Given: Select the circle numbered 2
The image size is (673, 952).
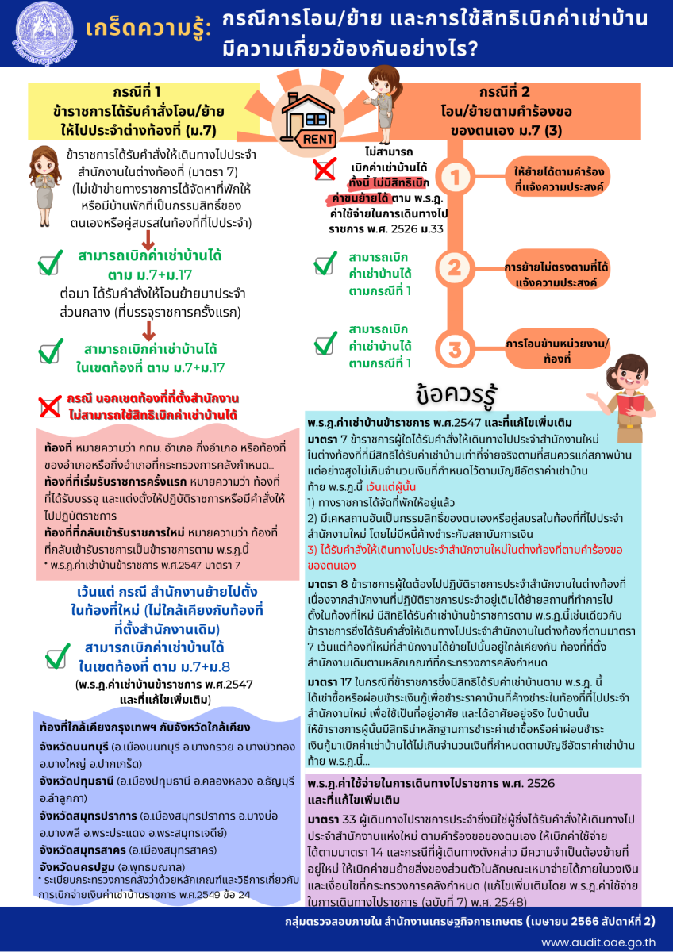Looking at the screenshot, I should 456,267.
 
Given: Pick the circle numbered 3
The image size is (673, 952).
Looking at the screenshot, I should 456,350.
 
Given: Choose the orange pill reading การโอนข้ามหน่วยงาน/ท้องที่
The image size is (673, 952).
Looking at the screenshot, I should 558,351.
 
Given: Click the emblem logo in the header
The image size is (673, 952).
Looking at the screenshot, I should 37,33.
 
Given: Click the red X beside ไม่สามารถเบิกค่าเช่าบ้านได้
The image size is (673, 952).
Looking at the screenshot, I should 324,169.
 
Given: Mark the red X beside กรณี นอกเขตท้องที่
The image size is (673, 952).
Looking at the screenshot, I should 49,406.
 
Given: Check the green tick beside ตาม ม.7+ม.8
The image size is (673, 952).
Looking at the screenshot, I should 57,658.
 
